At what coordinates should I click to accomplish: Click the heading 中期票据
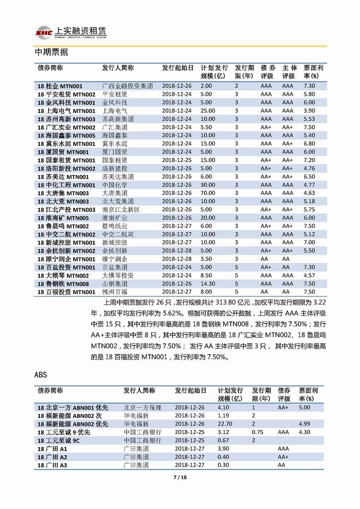point(51,52)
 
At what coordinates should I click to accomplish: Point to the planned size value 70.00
point(208,193)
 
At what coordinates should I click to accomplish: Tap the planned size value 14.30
point(208,283)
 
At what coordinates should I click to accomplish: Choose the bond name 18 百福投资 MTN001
point(66,292)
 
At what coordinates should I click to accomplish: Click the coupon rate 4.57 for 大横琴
point(309,275)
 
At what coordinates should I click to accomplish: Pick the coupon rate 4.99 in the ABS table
point(305,423)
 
